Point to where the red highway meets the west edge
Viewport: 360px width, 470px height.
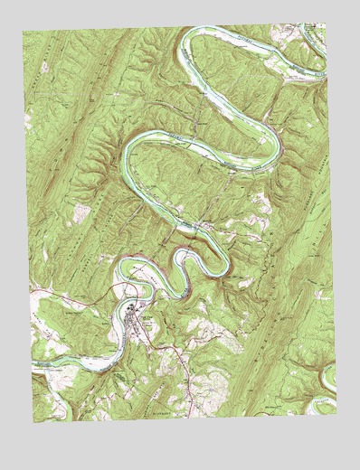click(x=30, y=292)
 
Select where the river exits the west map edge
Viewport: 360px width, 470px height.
click(x=33, y=365)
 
